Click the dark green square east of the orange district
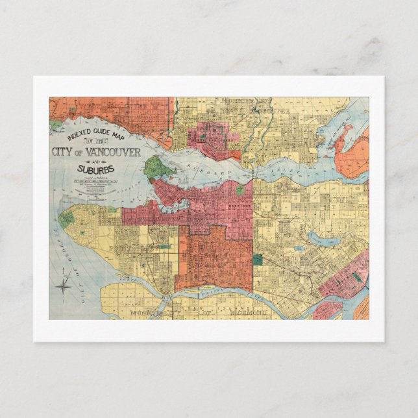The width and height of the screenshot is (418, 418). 258,259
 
